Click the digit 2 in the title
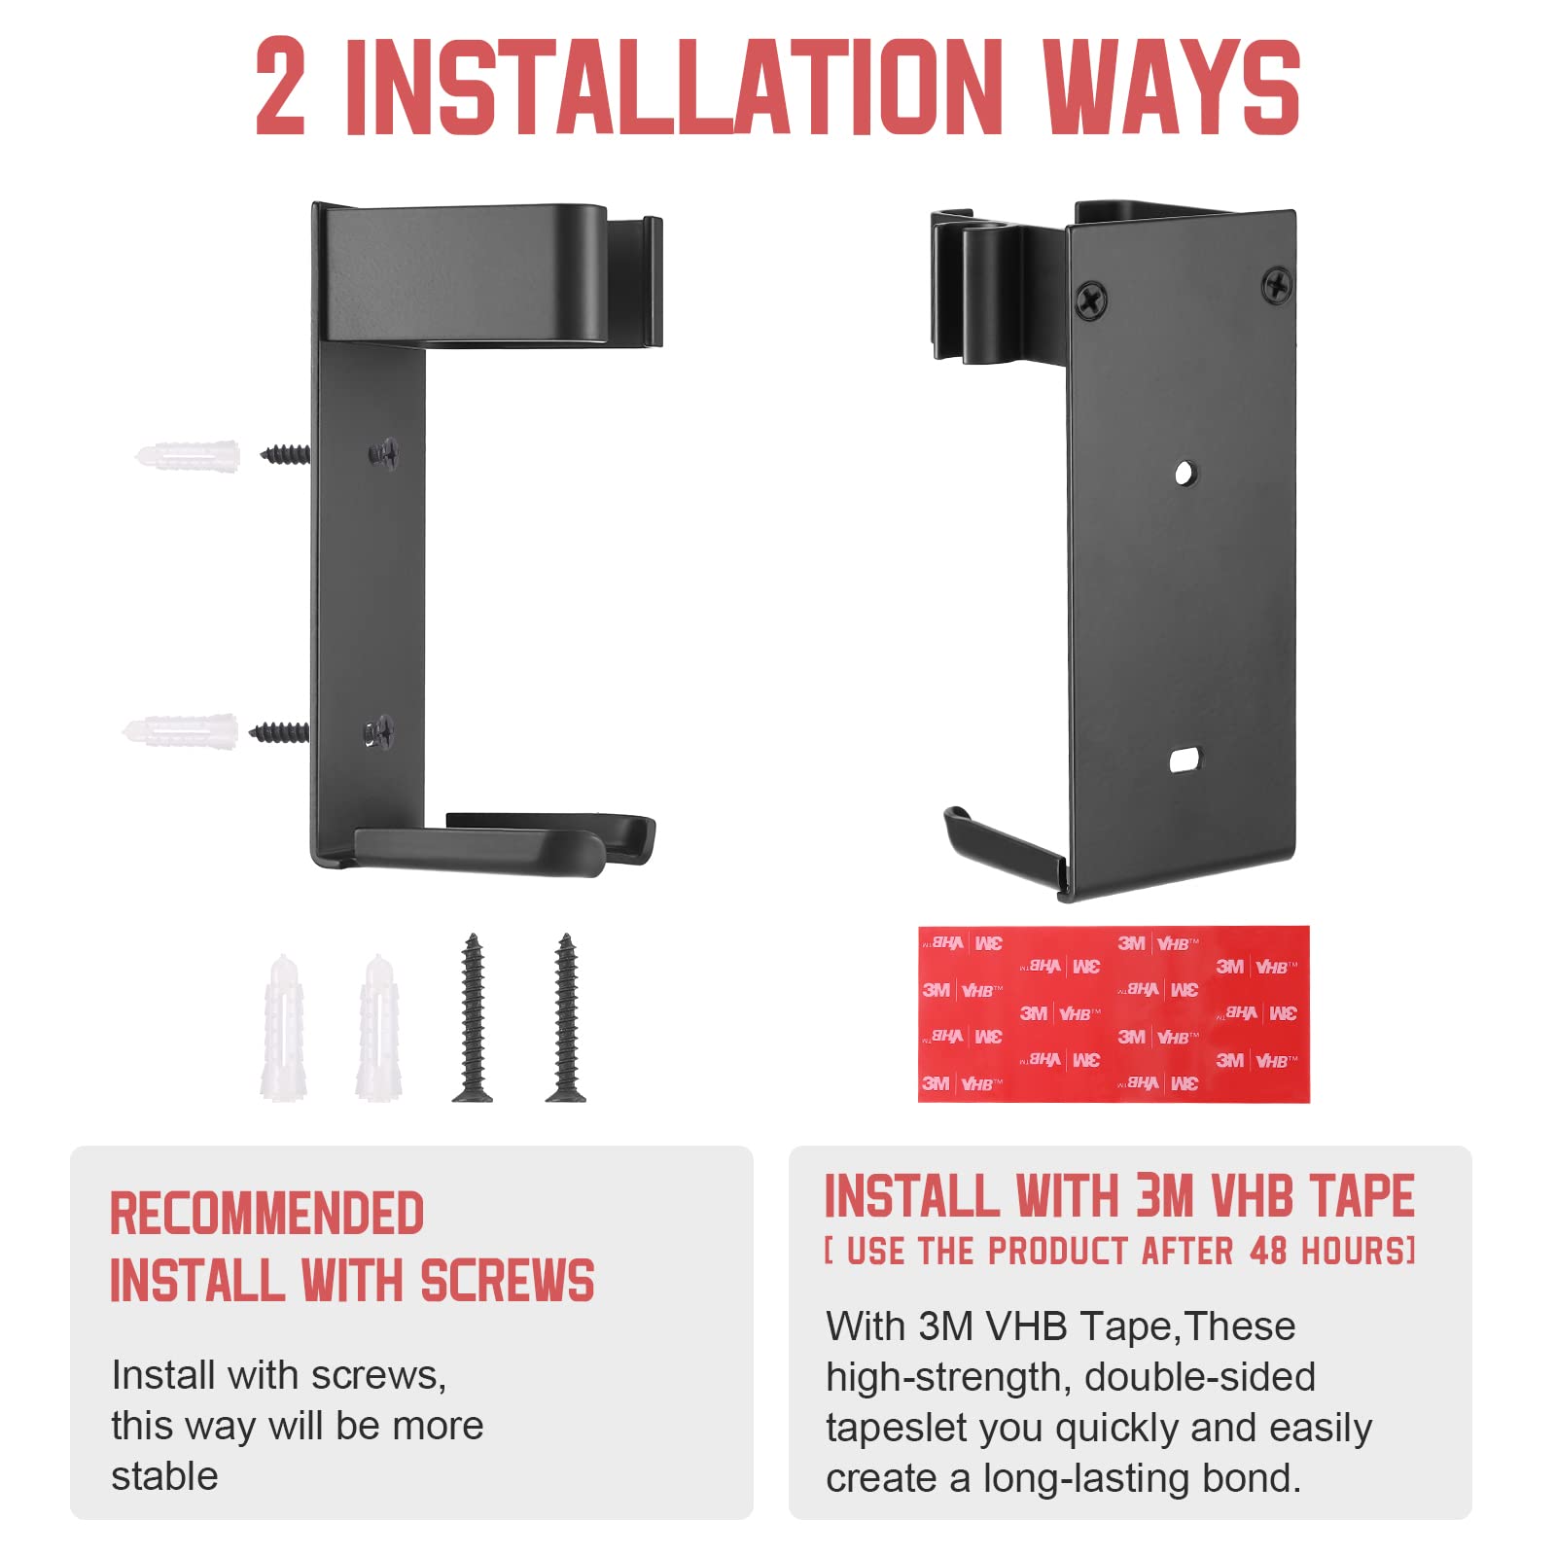(280, 87)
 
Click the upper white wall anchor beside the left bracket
(188, 455)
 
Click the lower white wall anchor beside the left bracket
(181, 731)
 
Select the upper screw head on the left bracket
(384, 452)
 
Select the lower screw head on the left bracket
(379, 731)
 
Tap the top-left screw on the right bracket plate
(1092, 299)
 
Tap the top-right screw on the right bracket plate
(1277, 285)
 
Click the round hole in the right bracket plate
(1185, 474)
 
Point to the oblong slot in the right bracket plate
(1185, 760)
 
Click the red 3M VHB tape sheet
(1114, 1014)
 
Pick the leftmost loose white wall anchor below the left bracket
(284, 1027)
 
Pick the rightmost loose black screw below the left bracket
(566, 1017)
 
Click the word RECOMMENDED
(266, 1213)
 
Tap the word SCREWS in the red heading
(508, 1280)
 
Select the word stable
(164, 1475)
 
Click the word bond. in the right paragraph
(1251, 1477)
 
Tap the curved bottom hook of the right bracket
(1002, 846)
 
